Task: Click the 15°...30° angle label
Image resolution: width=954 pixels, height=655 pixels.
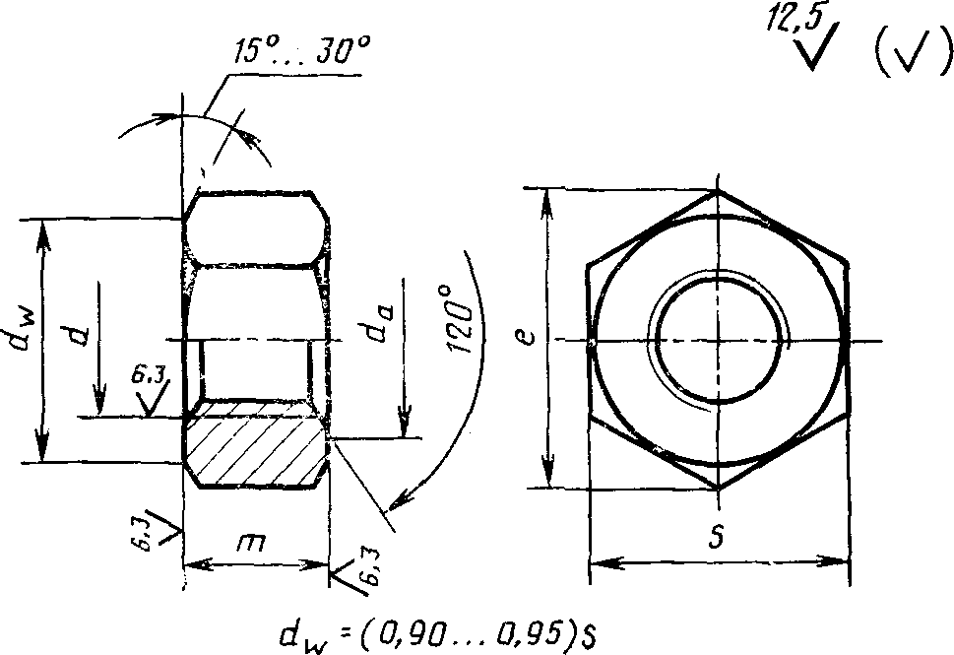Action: pos(302,50)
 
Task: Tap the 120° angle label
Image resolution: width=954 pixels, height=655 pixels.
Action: pos(461,318)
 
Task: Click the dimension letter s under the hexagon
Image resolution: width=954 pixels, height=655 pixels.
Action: pos(718,537)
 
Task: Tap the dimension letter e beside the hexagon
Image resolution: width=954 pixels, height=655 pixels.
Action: pos(529,336)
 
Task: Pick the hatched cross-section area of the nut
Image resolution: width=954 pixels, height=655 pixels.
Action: pos(255,443)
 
